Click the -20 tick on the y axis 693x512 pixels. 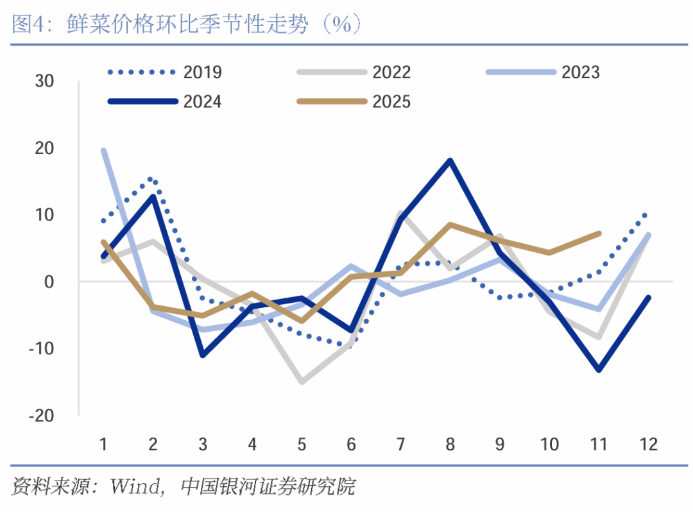click(42, 416)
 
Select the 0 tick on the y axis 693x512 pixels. click(49, 282)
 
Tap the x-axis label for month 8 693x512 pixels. click(450, 444)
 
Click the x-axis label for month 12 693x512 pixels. click(649, 444)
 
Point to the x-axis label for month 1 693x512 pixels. click(103, 444)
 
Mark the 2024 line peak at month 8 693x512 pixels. click(450, 160)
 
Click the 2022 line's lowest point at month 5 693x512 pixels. click(302, 382)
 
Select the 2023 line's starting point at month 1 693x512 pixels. click(103, 150)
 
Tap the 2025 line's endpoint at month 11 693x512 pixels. click(599, 234)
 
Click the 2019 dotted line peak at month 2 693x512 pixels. click(151, 179)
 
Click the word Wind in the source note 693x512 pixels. click(134, 486)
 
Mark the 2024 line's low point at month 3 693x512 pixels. click(203, 355)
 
